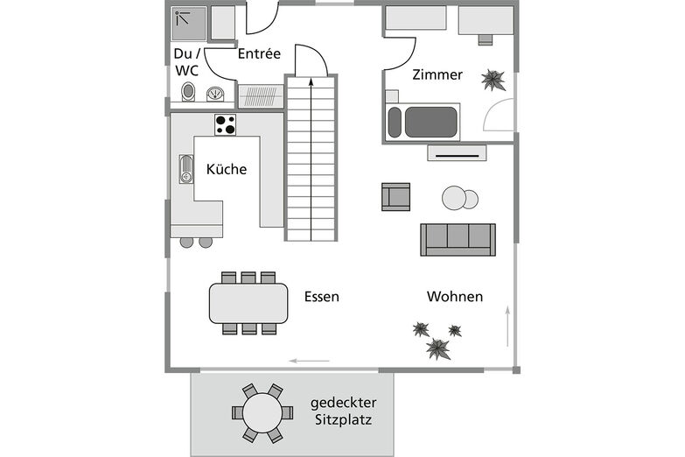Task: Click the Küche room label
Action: [226, 170]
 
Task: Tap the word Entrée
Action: [259, 54]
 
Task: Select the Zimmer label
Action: [437, 75]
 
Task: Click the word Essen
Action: [322, 297]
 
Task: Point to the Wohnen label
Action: [455, 297]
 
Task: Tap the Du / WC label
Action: [185, 62]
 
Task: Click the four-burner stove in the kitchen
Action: [226, 124]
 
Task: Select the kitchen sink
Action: [185, 169]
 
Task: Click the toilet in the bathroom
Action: [187, 92]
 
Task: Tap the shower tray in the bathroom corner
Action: [189, 24]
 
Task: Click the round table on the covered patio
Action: [262, 411]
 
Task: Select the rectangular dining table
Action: [248, 304]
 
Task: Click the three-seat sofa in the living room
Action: [458, 239]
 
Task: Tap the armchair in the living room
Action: [395, 196]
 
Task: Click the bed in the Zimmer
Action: [423, 122]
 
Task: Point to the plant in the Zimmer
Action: [493, 81]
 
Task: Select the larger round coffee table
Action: [455, 199]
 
